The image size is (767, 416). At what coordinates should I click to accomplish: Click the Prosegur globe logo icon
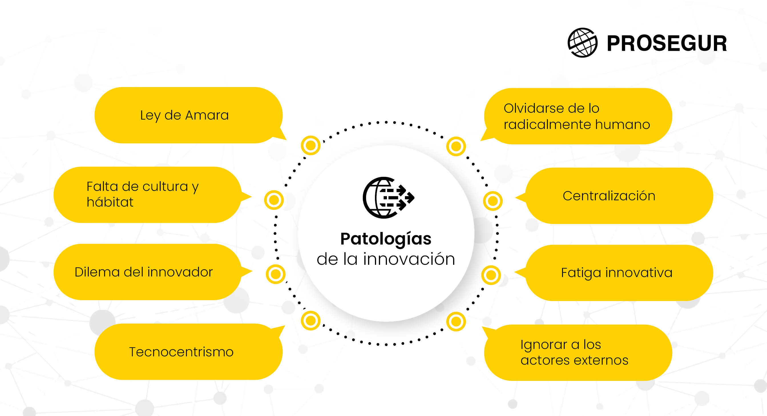(x=582, y=43)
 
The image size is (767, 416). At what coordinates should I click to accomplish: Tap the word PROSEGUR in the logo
(x=667, y=43)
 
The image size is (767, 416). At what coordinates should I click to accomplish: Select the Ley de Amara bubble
(x=189, y=115)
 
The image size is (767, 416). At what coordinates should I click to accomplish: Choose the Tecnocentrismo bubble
(x=189, y=352)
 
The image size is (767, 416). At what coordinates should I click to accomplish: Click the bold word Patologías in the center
(x=386, y=239)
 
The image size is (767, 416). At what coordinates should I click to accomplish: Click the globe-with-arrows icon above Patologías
(x=388, y=198)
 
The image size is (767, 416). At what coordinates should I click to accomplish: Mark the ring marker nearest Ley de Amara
(x=310, y=145)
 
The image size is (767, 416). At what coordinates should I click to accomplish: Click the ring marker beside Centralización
(x=493, y=201)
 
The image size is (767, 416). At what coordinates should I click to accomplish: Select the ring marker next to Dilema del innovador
(x=276, y=274)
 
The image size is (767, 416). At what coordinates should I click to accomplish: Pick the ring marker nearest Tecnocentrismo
(x=310, y=321)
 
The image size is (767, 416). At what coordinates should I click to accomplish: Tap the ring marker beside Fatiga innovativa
(x=491, y=275)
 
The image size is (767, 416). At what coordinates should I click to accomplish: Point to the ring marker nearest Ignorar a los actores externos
(x=456, y=322)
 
